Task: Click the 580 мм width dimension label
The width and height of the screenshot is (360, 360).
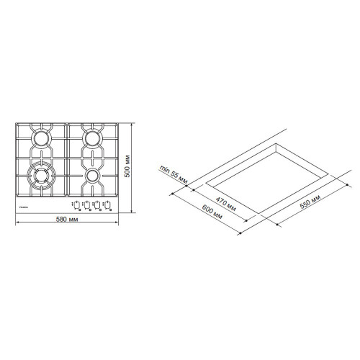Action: tap(66, 219)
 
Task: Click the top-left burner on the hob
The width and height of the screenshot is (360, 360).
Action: tap(41, 138)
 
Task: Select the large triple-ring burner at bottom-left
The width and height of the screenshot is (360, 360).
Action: tap(40, 174)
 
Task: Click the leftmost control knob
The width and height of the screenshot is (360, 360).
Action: tap(77, 204)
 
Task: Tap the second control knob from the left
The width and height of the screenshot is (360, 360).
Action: tap(87, 204)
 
